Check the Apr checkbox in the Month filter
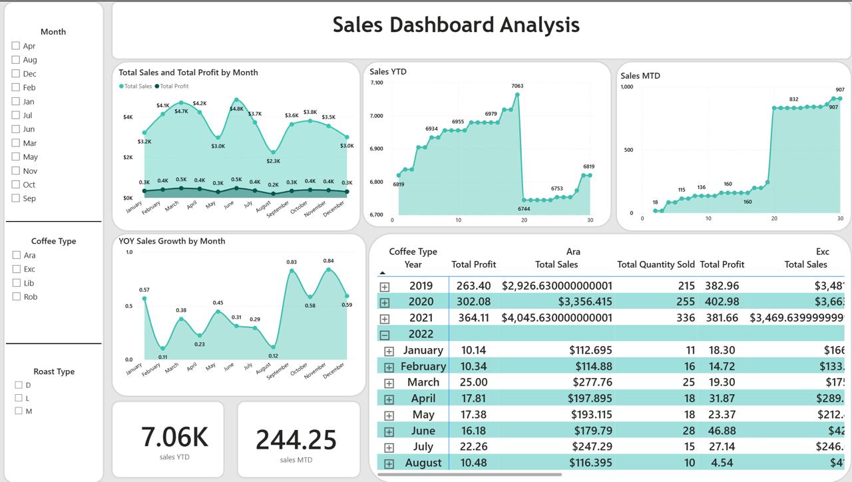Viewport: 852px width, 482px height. pyautogui.click(x=15, y=46)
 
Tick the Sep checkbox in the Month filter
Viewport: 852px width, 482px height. pyautogui.click(x=15, y=198)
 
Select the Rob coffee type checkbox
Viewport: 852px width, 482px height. pyautogui.click(x=16, y=297)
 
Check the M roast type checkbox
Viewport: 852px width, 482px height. pyautogui.click(x=19, y=411)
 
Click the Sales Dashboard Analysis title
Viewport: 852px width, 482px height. pyautogui.click(x=456, y=25)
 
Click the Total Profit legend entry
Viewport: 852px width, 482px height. pyautogui.click(x=172, y=87)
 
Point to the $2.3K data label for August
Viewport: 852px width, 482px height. pyautogui.click(x=273, y=161)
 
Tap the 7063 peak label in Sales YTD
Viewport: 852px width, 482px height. pyautogui.click(x=517, y=86)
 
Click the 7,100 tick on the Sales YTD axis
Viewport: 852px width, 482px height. pyautogui.click(x=376, y=83)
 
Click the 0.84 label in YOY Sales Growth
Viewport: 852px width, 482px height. pyautogui.click(x=328, y=261)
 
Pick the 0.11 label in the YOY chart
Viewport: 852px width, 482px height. pyautogui.click(x=163, y=357)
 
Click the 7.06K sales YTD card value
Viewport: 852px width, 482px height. pyautogui.click(x=174, y=437)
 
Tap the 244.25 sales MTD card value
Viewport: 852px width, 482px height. pyautogui.click(x=296, y=439)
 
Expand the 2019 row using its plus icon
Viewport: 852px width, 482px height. pyautogui.click(x=384, y=286)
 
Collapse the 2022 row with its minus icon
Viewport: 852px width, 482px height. pyautogui.click(x=384, y=335)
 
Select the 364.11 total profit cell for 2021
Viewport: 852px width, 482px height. pyautogui.click(x=473, y=318)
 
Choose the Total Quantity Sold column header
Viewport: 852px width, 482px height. pyautogui.click(x=656, y=264)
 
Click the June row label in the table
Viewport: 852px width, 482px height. pyautogui.click(x=423, y=431)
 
